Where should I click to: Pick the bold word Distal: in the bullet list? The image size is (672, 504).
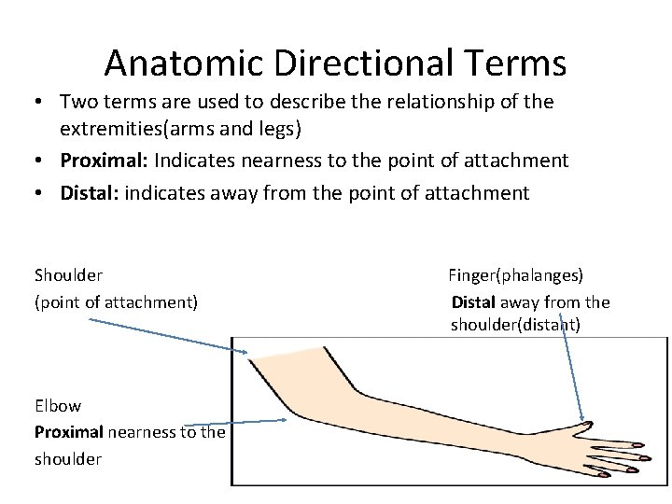pos(90,193)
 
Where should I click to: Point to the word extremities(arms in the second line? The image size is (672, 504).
pos(132,128)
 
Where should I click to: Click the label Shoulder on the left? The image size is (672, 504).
pos(68,275)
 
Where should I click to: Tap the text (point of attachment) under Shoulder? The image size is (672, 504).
pos(116,301)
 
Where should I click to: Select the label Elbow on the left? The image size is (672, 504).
pos(58,406)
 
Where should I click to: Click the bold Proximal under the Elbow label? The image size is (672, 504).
pos(69,432)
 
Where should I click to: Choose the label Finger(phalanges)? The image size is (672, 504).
pos(515,275)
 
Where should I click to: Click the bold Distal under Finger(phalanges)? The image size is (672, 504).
pos(474,301)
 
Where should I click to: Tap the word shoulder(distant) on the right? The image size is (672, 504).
pos(515,325)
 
